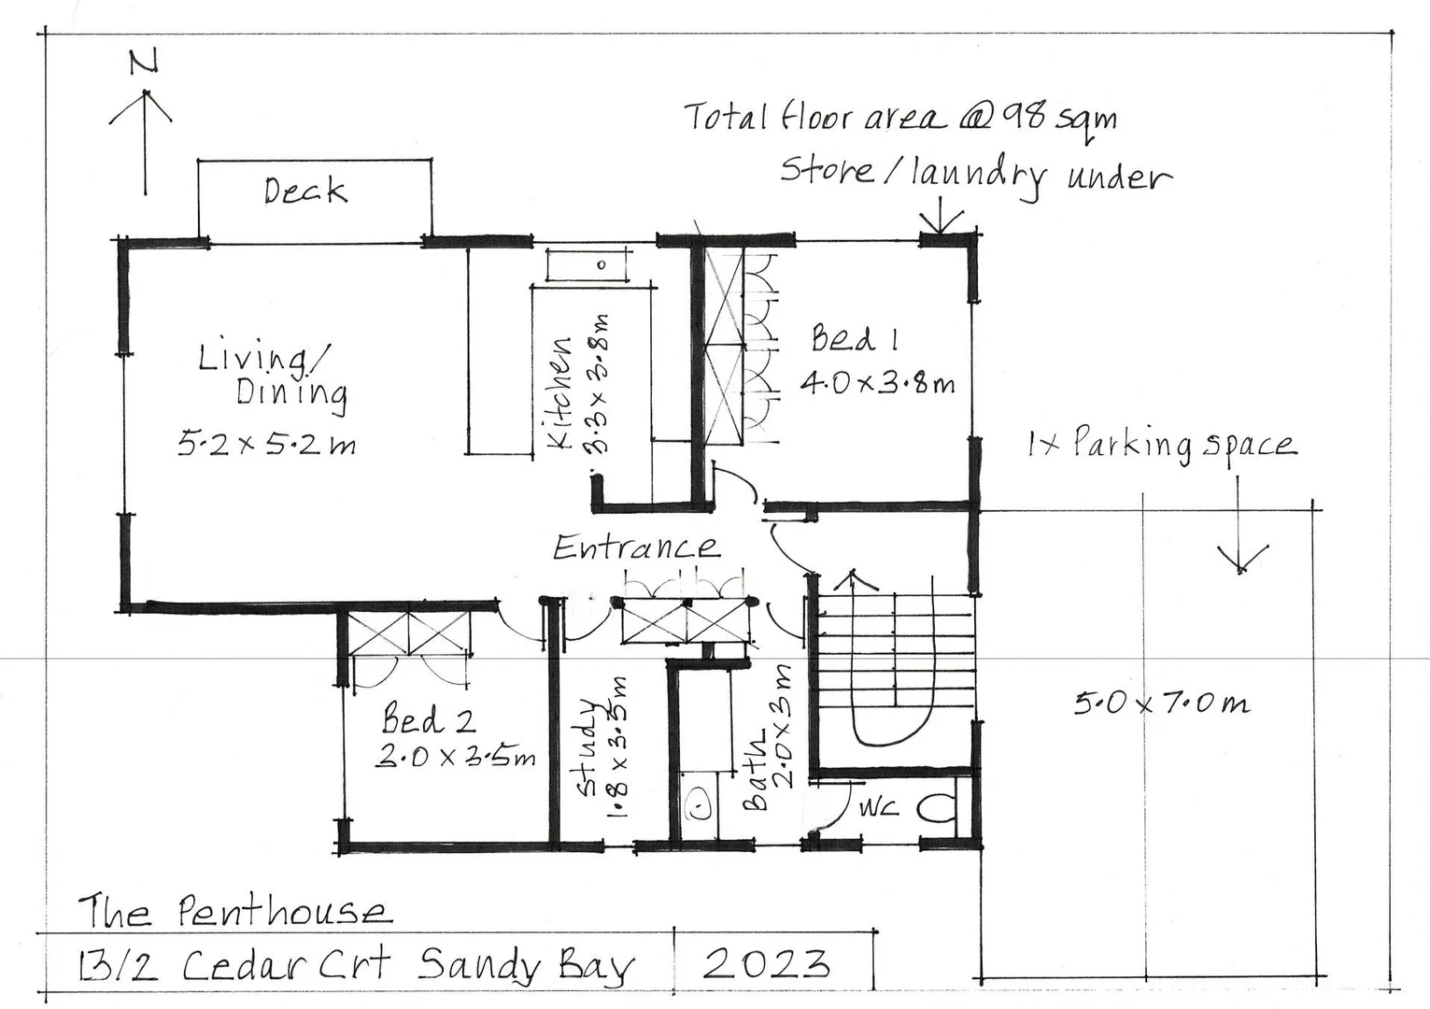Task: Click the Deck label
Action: click(x=304, y=191)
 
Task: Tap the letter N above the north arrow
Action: click(x=143, y=62)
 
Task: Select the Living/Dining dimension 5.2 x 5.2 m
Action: click(x=267, y=444)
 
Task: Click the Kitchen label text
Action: click(x=559, y=393)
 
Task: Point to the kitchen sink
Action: click(x=588, y=264)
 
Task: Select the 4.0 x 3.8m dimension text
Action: click(x=877, y=383)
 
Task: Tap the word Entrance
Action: click(x=636, y=547)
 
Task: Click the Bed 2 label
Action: click(x=429, y=719)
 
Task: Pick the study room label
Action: click(x=587, y=747)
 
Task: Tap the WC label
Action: click(x=878, y=806)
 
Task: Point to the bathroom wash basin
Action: click(x=697, y=803)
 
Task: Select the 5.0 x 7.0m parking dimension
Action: click(x=1161, y=702)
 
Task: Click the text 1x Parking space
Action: click(x=1161, y=444)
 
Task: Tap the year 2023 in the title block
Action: click(x=766, y=963)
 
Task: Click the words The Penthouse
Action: click(x=234, y=911)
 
